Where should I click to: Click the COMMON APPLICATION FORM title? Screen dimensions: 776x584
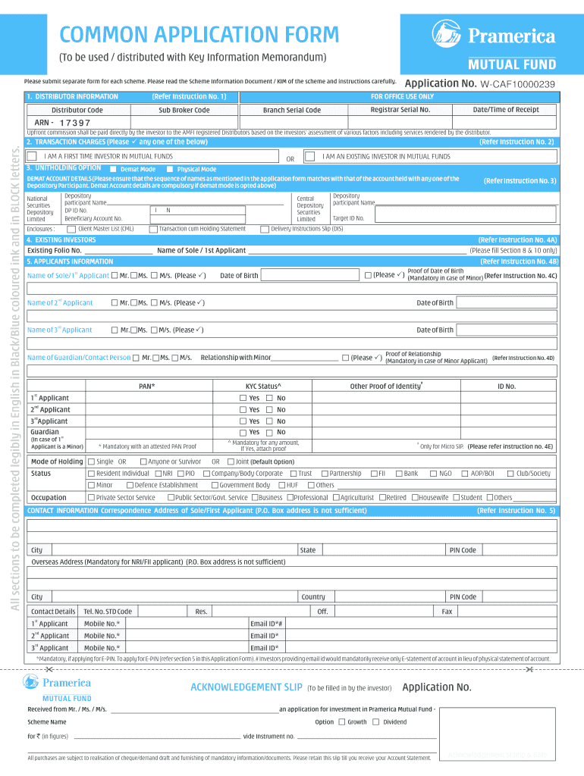(199, 35)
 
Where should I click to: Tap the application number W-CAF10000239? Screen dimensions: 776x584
(518, 84)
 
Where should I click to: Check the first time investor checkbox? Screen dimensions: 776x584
(32, 156)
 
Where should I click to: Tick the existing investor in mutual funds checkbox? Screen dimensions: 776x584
(309, 156)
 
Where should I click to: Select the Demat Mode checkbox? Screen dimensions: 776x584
(113, 169)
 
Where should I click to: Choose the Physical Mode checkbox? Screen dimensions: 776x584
(170, 169)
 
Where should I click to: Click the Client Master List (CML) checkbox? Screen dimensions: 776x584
(71, 228)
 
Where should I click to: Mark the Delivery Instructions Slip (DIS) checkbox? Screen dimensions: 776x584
(265, 228)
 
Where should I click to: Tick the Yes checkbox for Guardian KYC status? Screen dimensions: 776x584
(243, 433)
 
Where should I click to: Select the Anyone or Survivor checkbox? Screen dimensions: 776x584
(143, 462)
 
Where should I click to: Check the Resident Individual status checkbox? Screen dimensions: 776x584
(91, 474)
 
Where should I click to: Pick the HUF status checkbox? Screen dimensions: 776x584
(282, 485)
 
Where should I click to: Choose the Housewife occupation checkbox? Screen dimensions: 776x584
(415, 498)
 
